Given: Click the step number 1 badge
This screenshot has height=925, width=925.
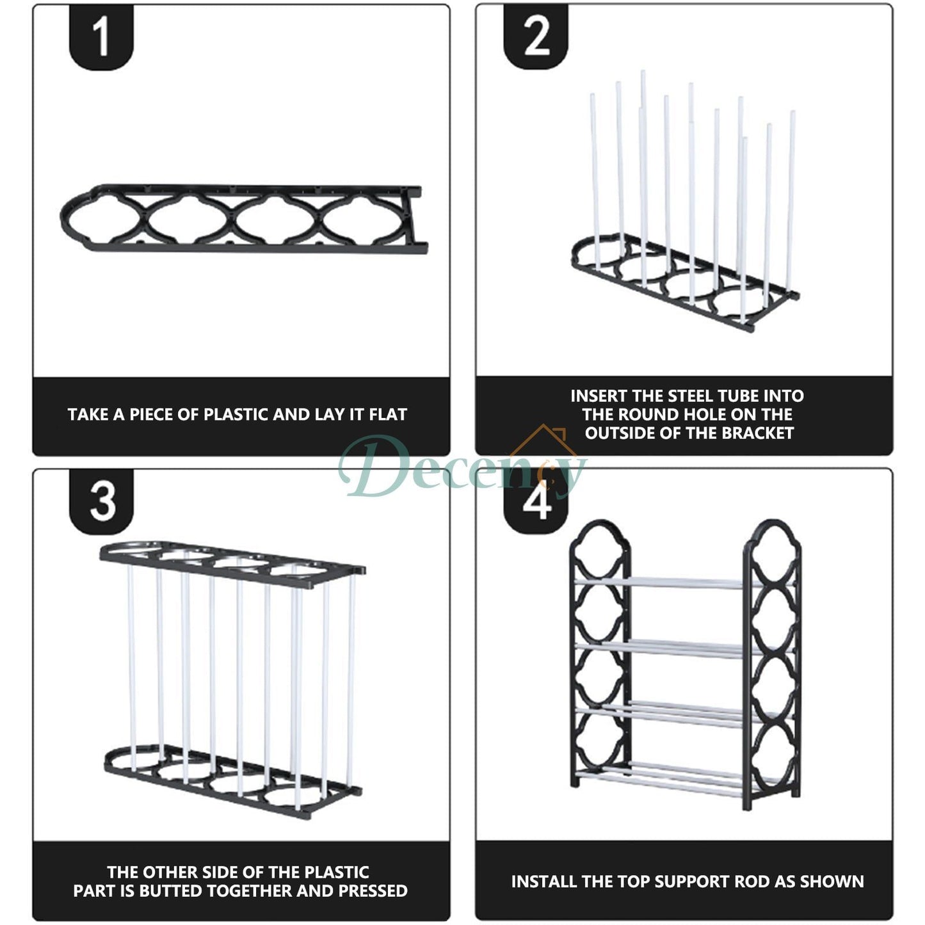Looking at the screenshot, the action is click(101, 37).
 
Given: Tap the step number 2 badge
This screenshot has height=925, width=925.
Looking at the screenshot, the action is click(536, 37).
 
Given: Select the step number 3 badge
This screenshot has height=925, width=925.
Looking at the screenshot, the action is click(101, 502).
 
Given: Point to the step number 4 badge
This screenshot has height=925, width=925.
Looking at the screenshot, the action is click(536, 502).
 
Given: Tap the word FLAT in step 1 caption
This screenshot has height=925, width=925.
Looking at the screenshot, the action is click(388, 415).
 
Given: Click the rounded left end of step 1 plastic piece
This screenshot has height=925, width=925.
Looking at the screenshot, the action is click(67, 218).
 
